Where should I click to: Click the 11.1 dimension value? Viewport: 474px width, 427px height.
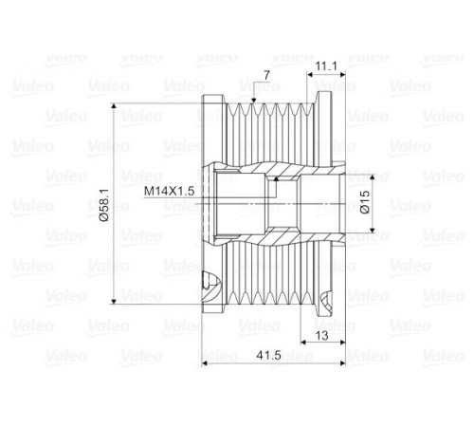pos(326,66)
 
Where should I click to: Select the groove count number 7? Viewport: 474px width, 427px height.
pos(266,75)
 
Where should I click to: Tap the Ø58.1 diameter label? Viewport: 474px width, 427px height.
pos(104,204)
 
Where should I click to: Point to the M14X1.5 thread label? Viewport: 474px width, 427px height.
pos(169,191)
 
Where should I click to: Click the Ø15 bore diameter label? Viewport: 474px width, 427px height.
pos(364,202)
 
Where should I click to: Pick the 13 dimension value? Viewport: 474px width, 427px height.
pos(322,336)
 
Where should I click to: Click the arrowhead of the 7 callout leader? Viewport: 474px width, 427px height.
pos(253,101)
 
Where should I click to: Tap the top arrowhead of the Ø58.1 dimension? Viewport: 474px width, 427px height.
pos(114,106)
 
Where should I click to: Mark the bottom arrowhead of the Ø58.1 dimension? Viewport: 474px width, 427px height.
pos(114,301)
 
